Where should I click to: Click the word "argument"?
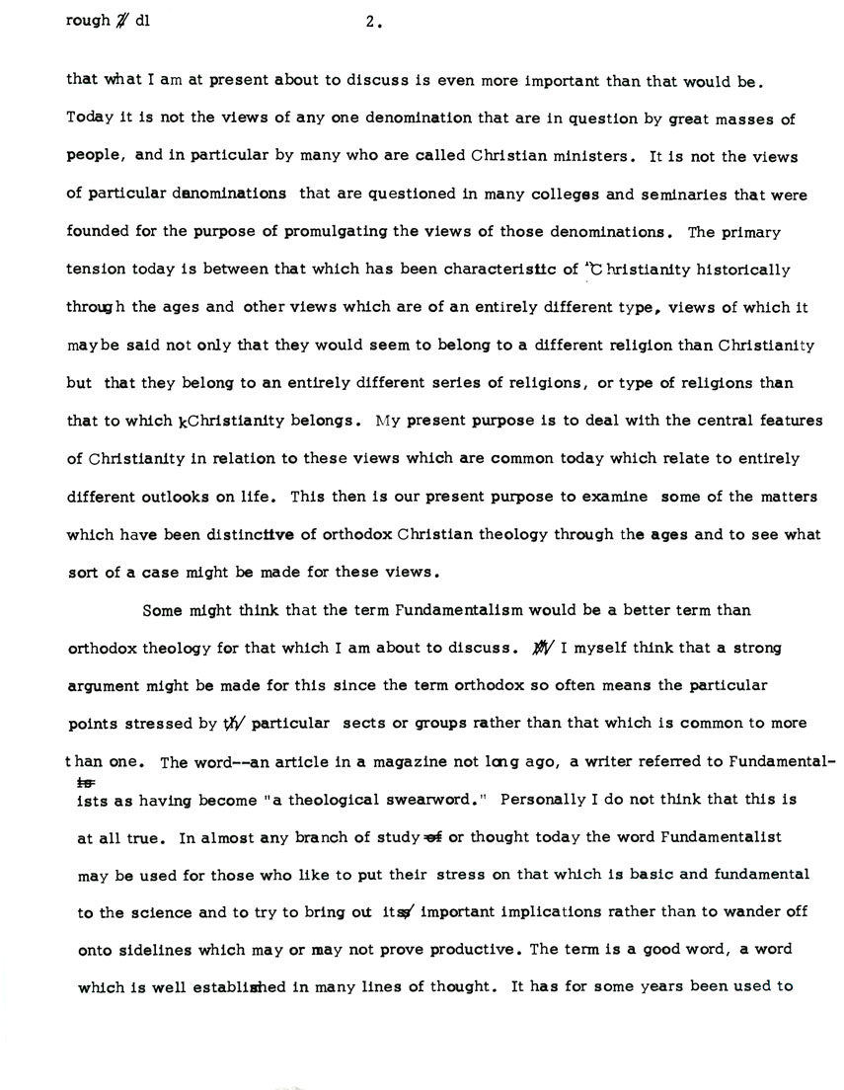(102, 685)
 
